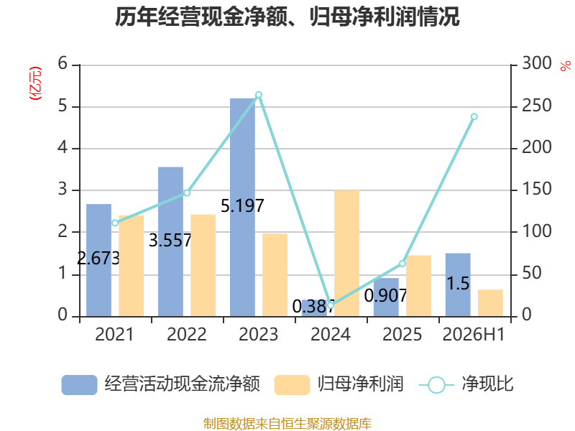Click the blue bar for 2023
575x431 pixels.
[242, 208]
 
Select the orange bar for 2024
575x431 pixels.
[346, 254]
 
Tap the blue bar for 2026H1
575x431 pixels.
[458, 284]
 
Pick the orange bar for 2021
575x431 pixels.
[132, 266]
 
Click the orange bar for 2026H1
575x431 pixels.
[491, 303]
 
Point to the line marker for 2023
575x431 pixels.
[259, 95]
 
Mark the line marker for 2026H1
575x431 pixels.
[474, 116]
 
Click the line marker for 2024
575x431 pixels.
[331, 305]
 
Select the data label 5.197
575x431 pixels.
[242, 205]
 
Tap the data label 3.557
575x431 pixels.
[170, 241]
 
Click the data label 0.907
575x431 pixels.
[385, 295]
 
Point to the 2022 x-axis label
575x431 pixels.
[187, 334]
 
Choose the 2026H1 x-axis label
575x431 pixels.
[474, 334]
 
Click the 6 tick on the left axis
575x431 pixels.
[63, 64]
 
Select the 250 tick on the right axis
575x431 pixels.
[537, 106]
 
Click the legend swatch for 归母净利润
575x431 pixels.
[292, 385]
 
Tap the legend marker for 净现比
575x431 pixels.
[436, 385]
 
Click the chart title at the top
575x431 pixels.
[287, 17]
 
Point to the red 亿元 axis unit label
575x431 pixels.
[35, 83]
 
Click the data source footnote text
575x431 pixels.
[287, 423]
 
